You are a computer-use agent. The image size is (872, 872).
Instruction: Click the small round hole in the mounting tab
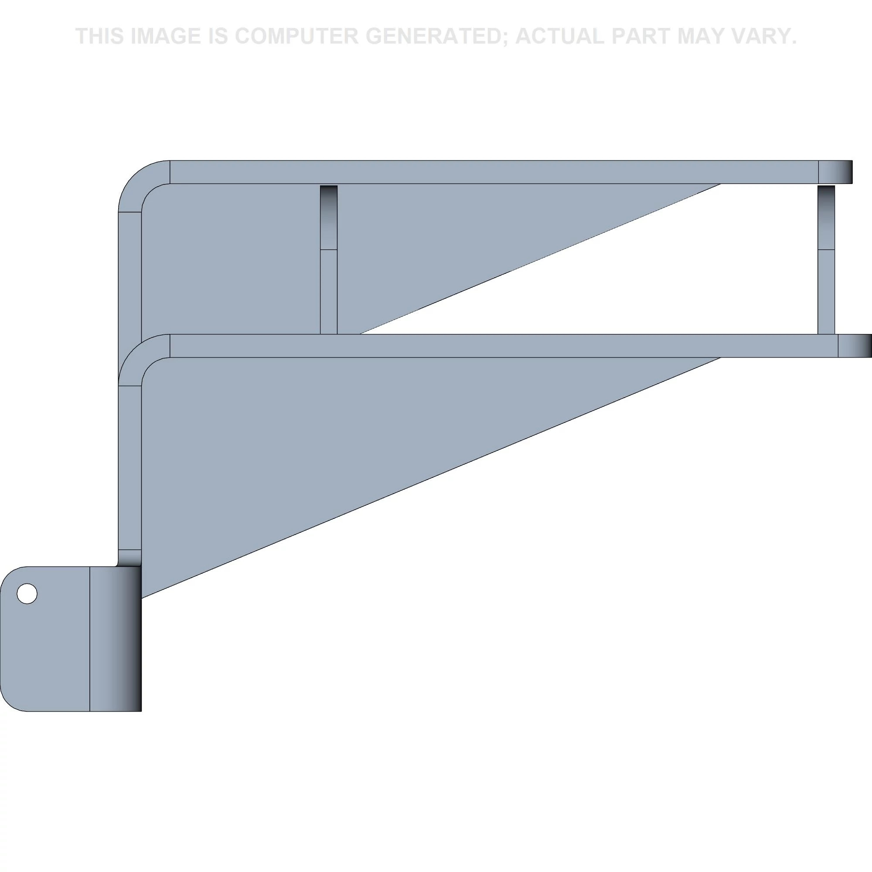[x=27, y=593]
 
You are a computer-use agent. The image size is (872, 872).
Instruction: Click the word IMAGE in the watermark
[x=166, y=36]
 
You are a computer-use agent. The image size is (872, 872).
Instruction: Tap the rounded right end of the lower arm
[x=855, y=346]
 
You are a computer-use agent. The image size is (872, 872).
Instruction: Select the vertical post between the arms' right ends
[x=826, y=259]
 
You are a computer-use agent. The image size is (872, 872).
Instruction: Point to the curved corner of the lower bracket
[x=138, y=354]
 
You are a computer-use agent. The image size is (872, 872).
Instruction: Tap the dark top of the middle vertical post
[x=329, y=217]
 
